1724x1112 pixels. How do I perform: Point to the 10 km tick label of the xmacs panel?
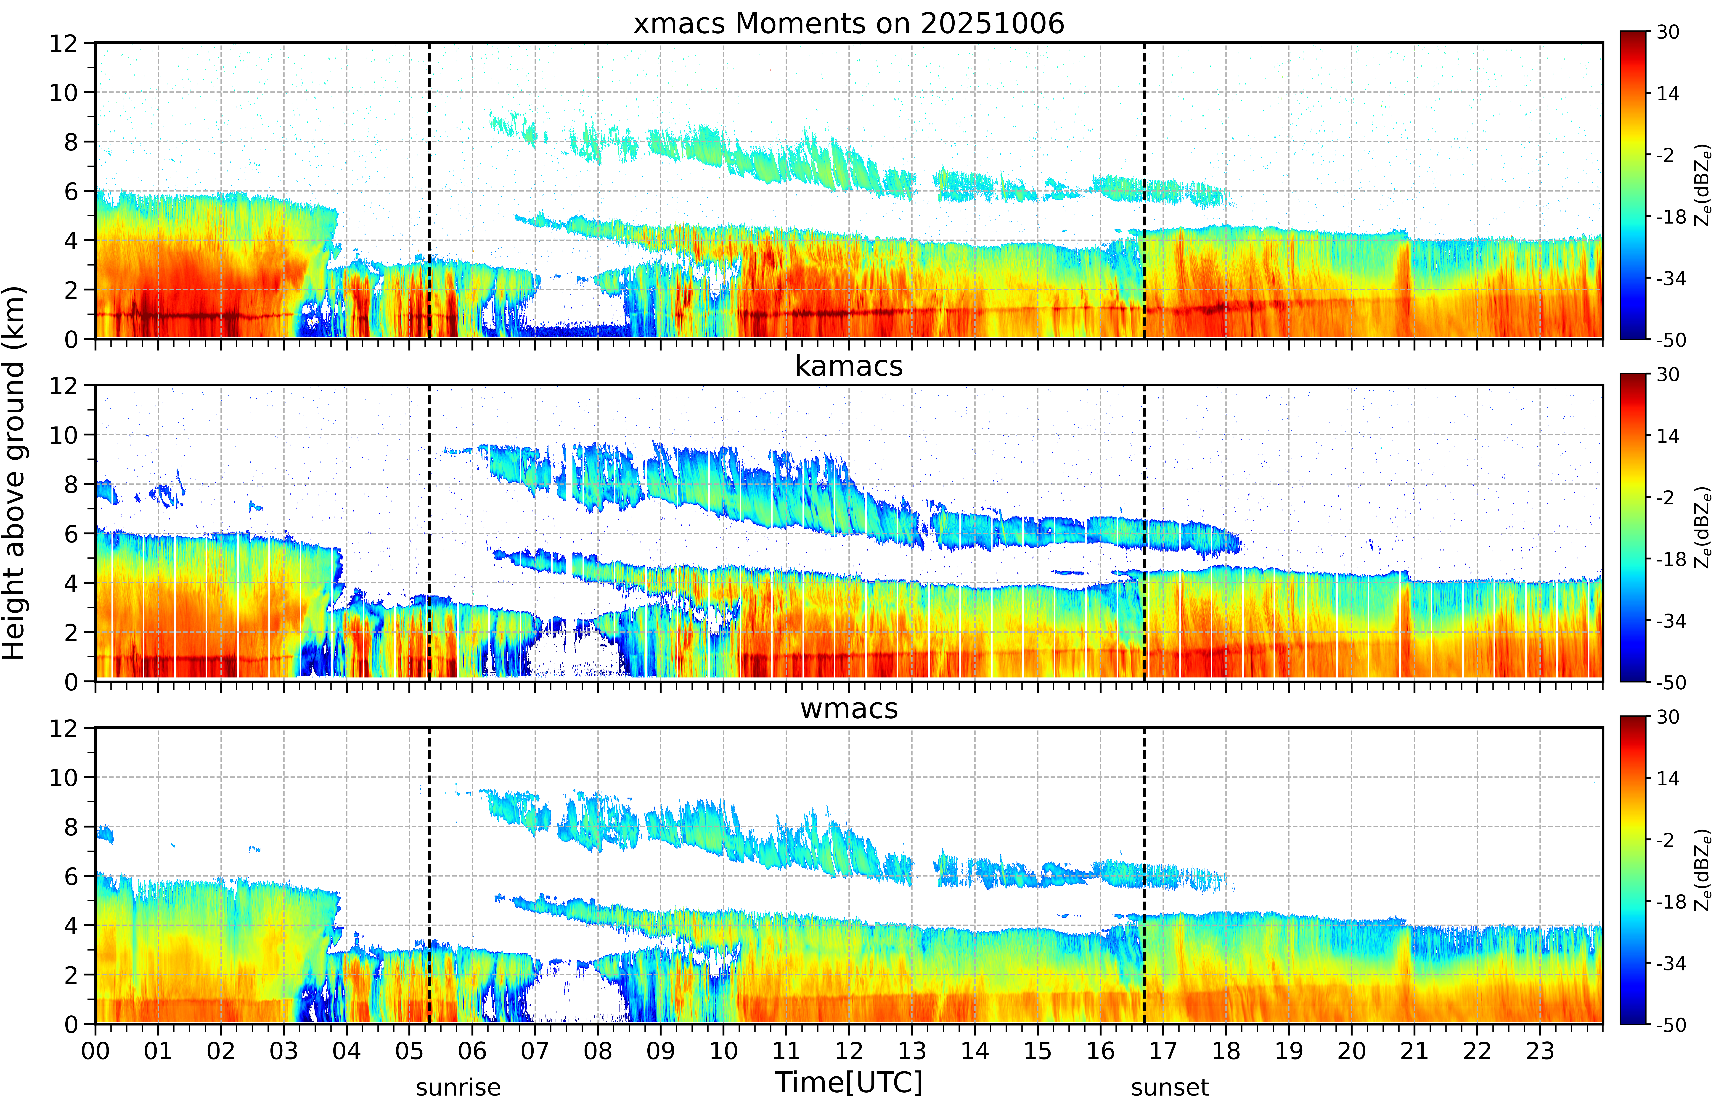[x=64, y=92]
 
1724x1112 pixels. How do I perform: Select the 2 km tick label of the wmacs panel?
[x=71, y=975]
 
